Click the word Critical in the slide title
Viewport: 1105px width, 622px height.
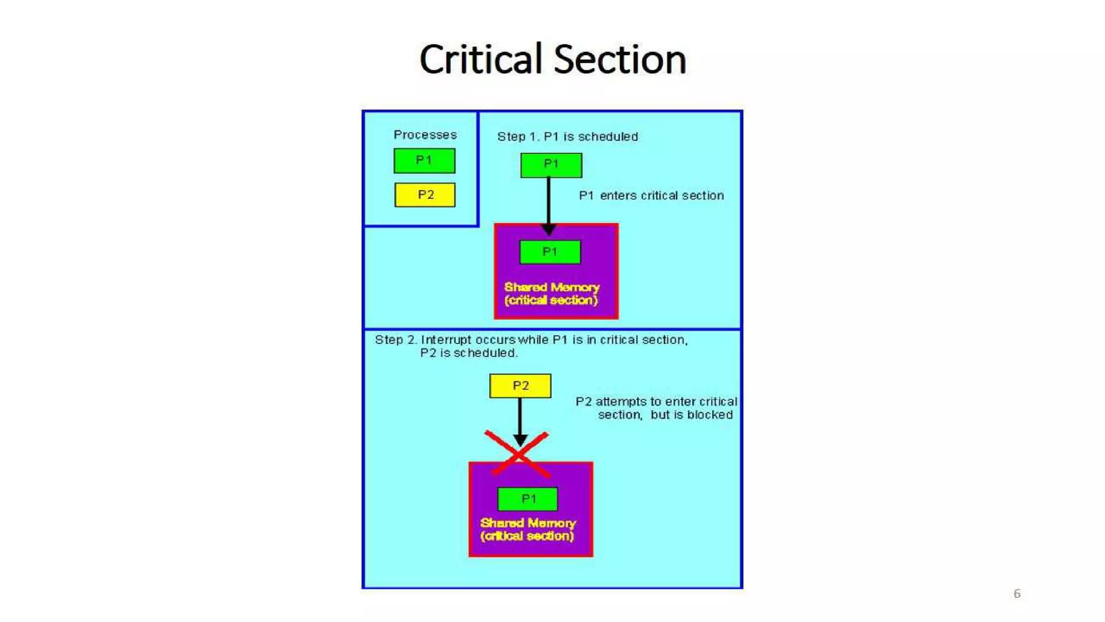click(x=480, y=59)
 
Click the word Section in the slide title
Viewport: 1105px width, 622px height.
click(x=620, y=59)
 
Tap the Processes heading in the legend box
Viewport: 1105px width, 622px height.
click(x=425, y=134)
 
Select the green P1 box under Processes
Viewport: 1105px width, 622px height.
click(x=424, y=160)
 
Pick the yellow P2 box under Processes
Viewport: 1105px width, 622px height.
click(x=425, y=195)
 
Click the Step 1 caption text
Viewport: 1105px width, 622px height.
click(x=567, y=137)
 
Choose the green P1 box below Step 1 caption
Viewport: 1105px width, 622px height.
click(x=551, y=165)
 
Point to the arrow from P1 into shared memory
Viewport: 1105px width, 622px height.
click(x=549, y=205)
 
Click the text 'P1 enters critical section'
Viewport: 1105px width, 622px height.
click(x=651, y=195)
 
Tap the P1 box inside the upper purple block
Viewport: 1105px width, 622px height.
click(x=550, y=252)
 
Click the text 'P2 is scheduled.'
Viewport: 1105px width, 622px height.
click(x=468, y=353)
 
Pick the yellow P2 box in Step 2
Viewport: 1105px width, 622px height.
click(x=520, y=386)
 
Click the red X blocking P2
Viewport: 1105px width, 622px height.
click(x=517, y=454)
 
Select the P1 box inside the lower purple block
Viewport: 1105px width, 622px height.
click(x=528, y=499)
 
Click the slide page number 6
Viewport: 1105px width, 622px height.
click(x=1017, y=593)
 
